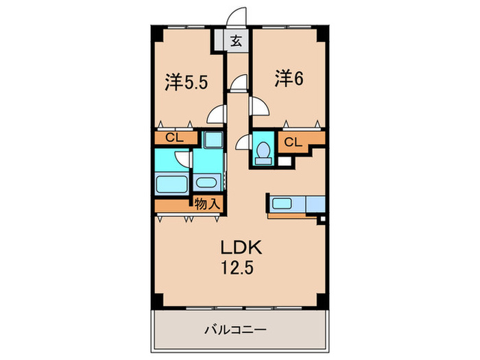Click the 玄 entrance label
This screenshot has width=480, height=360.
click(x=236, y=41)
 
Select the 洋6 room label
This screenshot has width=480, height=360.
click(x=290, y=79)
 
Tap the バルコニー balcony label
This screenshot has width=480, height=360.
click(x=235, y=330)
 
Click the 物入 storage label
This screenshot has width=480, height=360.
click(x=206, y=204)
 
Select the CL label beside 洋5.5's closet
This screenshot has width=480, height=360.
click(x=174, y=138)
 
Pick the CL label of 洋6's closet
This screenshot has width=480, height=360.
click(x=292, y=143)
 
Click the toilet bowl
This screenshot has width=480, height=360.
click(x=261, y=152)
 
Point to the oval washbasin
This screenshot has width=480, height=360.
click(x=206, y=182)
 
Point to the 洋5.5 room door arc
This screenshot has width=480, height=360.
click(x=217, y=115)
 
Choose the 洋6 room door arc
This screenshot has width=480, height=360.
click(x=259, y=106)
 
